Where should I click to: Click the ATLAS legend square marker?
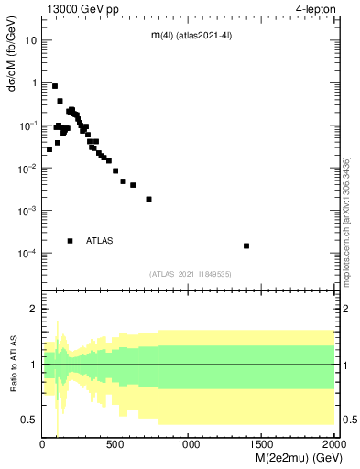click(70, 241)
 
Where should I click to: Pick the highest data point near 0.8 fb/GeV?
click(55, 86)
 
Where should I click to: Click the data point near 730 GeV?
click(148, 199)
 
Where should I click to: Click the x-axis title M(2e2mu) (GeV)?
click(289, 457)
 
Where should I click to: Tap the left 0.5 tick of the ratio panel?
click(30, 420)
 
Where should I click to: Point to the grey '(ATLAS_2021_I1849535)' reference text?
click(190, 273)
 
